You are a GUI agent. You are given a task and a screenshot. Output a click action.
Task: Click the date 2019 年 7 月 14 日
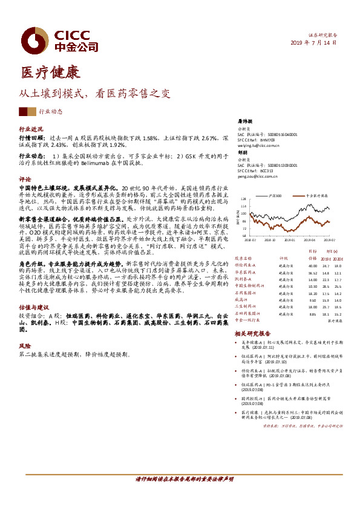[313, 44]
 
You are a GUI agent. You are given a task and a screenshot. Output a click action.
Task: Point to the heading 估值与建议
[34, 306]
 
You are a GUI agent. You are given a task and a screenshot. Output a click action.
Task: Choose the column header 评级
[282, 257]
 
